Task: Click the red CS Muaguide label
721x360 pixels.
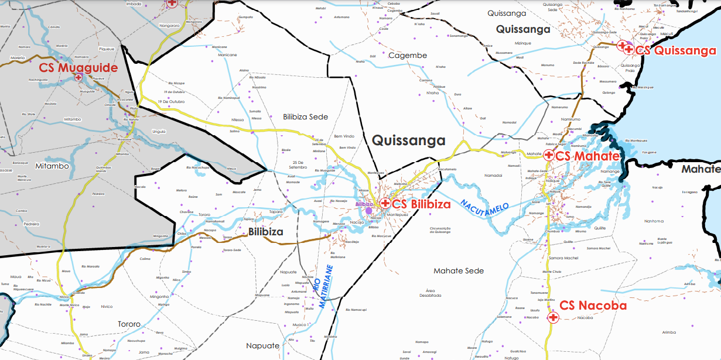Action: pyautogui.click(x=78, y=68)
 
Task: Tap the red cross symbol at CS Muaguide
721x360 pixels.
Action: pyautogui.click(x=78, y=77)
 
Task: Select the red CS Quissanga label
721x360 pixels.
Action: pyautogui.click(x=675, y=50)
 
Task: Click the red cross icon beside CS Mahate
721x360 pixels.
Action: pyautogui.click(x=548, y=155)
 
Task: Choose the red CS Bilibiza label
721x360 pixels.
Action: pyautogui.click(x=421, y=204)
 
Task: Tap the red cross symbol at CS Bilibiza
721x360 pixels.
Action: pyautogui.click(x=385, y=203)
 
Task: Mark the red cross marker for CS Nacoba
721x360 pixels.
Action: pyautogui.click(x=552, y=317)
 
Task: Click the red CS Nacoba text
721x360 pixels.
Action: pyautogui.click(x=593, y=306)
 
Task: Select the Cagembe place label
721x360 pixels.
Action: pyautogui.click(x=408, y=56)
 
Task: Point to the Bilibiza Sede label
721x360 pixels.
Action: pyautogui.click(x=305, y=116)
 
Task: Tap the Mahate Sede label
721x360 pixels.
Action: pyautogui.click(x=459, y=271)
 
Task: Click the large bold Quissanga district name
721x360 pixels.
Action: pyautogui.click(x=408, y=140)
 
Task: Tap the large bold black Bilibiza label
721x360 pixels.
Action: pyautogui.click(x=266, y=232)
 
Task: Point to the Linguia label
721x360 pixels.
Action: pyautogui.click(x=159, y=131)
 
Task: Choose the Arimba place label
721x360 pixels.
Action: pyautogui.click(x=668, y=332)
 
